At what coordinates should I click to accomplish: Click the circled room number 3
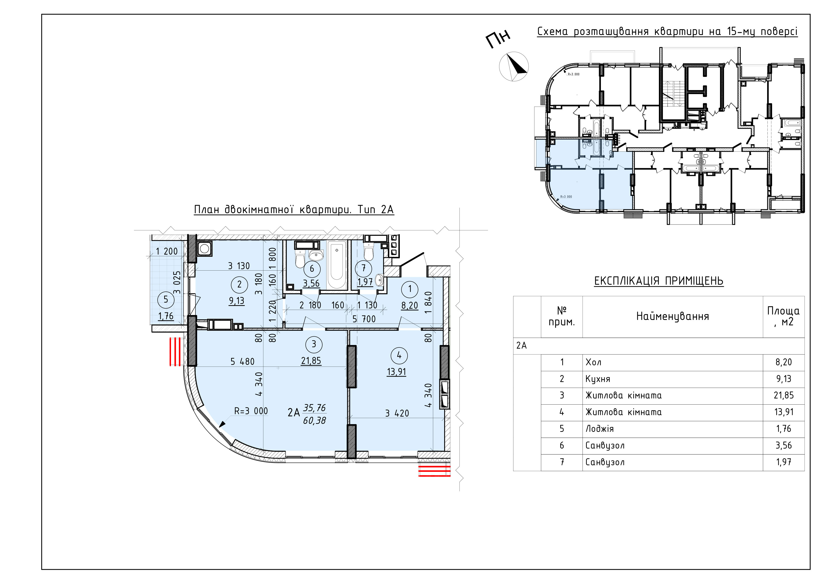click(x=314, y=344)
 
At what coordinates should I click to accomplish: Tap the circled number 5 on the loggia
click(x=165, y=299)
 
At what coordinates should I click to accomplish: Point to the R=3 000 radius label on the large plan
click(x=251, y=411)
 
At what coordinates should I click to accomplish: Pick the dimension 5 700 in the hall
click(x=364, y=319)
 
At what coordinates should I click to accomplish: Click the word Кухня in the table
click(x=598, y=379)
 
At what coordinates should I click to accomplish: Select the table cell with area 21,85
click(x=783, y=395)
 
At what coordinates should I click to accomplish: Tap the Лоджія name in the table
click(x=599, y=429)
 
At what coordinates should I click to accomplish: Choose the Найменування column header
click(x=672, y=316)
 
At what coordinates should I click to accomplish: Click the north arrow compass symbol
click(x=514, y=67)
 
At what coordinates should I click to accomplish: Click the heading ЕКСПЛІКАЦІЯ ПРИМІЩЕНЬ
click(x=659, y=280)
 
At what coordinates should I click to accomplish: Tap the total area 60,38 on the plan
click(x=314, y=420)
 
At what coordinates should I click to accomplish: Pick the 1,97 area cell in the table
click(x=783, y=462)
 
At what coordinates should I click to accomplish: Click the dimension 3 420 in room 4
click(x=397, y=413)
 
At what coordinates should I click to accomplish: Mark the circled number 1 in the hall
click(x=410, y=289)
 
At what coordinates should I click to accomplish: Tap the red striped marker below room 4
click(x=434, y=470)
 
